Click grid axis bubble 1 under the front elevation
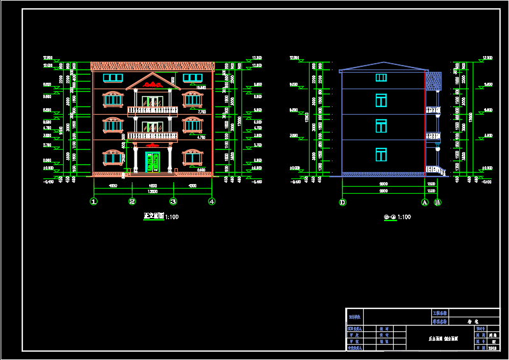tap(94, 201)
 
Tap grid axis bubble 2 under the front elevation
tap(133, 201)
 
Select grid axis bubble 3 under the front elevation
tap(173, 201)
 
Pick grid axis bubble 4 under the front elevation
tap(211, 201)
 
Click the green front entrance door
tap(152, 162)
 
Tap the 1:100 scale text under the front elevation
tap(171, 217)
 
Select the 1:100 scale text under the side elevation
tap(404, 217)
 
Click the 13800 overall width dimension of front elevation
tap(153, 191)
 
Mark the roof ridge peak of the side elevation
tap(384, 62)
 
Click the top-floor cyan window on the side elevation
tap(381, 78)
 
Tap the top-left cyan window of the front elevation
tap(113, 78)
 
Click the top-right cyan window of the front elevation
tap(192, 78)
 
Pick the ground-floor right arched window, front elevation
tap(192, 157)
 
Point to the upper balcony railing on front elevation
tap(152, 111)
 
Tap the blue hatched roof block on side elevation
tap(433, 82)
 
